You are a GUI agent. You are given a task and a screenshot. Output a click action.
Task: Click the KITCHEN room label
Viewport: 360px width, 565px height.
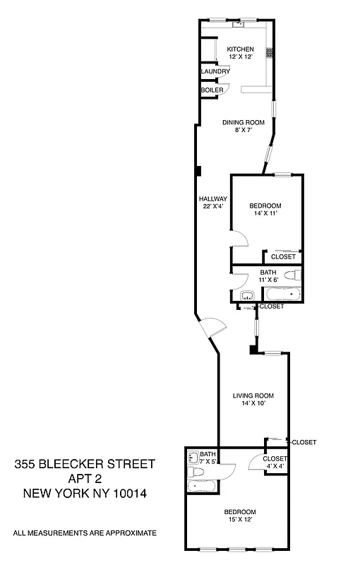click(239, 49)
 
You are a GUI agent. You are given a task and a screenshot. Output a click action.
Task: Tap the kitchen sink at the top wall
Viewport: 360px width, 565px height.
click(239, 24)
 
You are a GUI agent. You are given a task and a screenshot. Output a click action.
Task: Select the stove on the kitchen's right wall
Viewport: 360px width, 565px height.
click(268, 52)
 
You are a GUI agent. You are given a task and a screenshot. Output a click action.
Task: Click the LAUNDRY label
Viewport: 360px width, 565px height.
click(215, 72)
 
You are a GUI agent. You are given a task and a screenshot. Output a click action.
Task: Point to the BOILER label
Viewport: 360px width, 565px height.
click(212, 90)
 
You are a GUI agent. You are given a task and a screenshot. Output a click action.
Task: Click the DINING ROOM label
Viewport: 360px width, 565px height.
click(243, 122)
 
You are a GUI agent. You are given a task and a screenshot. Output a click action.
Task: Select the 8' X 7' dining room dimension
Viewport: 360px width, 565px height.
click(243, 131)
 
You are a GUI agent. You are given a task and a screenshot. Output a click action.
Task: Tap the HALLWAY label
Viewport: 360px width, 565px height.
click(212, 198)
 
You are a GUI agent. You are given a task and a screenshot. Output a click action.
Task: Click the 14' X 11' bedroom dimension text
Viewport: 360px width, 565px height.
click(265, 213)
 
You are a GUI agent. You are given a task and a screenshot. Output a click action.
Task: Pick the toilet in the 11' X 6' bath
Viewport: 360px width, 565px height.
click(297, 274)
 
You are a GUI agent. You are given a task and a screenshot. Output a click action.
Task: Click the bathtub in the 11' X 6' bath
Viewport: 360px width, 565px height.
click(283, 294)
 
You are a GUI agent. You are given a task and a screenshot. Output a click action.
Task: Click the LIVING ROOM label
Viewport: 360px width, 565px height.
click(253, 395)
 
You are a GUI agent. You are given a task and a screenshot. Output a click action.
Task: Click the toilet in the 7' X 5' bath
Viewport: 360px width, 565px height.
click(192, 458)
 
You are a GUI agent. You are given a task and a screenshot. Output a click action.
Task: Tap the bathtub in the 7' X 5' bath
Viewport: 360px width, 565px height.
click(201, 485)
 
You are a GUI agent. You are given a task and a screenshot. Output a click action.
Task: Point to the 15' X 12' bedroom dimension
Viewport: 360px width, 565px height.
click(240, 520)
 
